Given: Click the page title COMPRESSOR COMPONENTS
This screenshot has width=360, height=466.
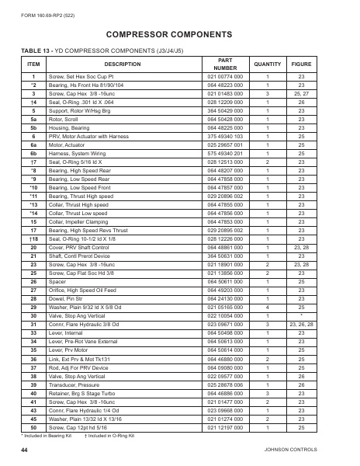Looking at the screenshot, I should [179, 35].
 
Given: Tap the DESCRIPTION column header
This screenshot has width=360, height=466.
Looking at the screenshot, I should [117, 64].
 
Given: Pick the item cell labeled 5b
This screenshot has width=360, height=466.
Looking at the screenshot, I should [33, 127].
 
